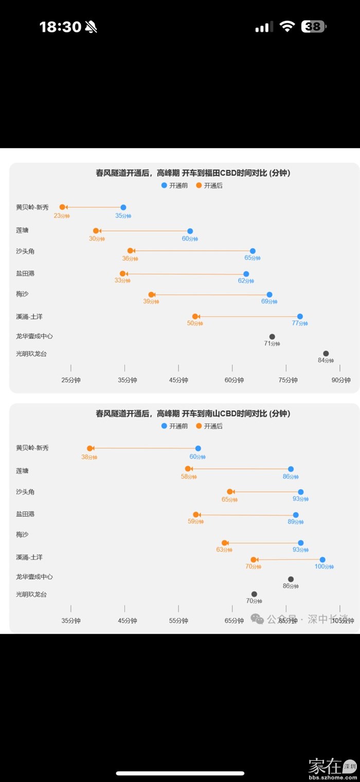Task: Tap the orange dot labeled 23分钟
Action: click(x=63, y=207)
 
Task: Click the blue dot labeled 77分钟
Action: click(x=300, y=316)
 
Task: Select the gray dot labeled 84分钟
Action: click(x=326, y=353)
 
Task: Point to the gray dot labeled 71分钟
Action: click(x=272, y=337)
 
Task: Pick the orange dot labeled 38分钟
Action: click(x=89, y=448)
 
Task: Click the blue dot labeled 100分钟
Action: click(x=322, y=560)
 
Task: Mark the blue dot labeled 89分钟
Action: click(x=296, y=515)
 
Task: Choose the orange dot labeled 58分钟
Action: click(x=188, y=469)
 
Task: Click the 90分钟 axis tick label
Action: click(x=340, y=380)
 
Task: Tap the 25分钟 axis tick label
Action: click(x=71, y=380)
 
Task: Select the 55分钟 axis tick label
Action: click(x=178, y=621)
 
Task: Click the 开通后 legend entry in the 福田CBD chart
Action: click(x=209, y=186)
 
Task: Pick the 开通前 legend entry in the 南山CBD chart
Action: click(x=174, y=426)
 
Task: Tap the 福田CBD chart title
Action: click(x=193, y=173)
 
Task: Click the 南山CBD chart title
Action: click(x=193, y=413)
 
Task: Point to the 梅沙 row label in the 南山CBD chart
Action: click(x=22, y=535)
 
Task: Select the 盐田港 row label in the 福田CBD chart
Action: click(x=25, y=274)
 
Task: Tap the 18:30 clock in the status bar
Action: click(x=61, y=27)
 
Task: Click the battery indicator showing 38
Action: click(x=313, y=27)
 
